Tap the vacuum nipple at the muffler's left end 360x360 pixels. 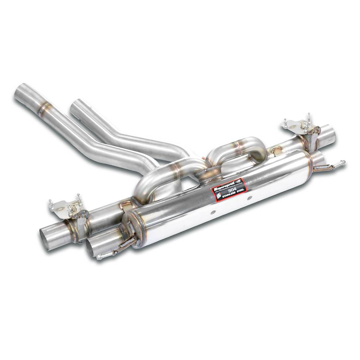click(x=101, y=257)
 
